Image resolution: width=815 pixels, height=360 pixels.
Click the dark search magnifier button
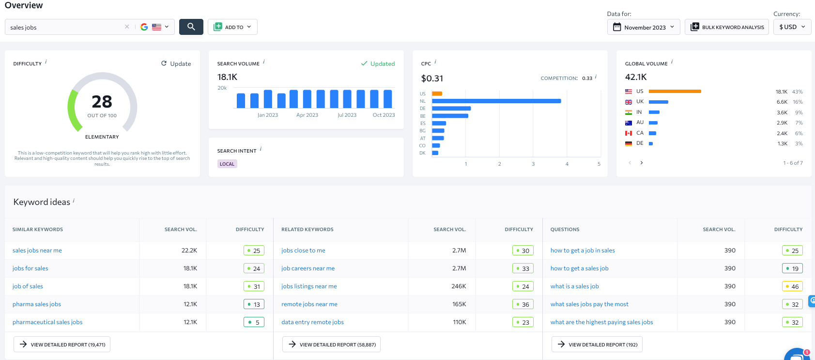[191, 27]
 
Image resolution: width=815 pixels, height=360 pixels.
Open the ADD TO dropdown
[232, 27]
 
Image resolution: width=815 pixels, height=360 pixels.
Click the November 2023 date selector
[644, 27]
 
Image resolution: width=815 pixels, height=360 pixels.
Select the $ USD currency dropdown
[792, 27]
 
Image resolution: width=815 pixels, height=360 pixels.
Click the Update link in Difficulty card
[176, 63]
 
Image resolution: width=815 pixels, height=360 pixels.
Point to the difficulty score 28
[102, 102]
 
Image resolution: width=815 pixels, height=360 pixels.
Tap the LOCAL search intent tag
[227, 164]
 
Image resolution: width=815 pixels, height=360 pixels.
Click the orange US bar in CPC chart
[437, 94]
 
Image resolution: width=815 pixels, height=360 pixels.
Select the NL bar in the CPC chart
[496, 101]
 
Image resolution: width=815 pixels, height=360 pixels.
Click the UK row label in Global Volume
[640, 102]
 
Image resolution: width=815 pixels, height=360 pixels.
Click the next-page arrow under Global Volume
[642, 163]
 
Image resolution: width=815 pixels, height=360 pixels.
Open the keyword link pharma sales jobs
[37, 304]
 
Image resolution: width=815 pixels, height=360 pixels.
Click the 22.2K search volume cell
[189, 250]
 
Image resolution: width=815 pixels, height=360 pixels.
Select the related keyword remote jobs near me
[309, 304]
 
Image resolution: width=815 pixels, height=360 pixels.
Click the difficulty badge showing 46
[792, 286]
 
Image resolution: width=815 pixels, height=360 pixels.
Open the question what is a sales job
[574, 286]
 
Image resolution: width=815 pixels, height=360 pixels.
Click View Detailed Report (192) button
[597, 344]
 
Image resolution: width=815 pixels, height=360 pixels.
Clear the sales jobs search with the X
[127, 27]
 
